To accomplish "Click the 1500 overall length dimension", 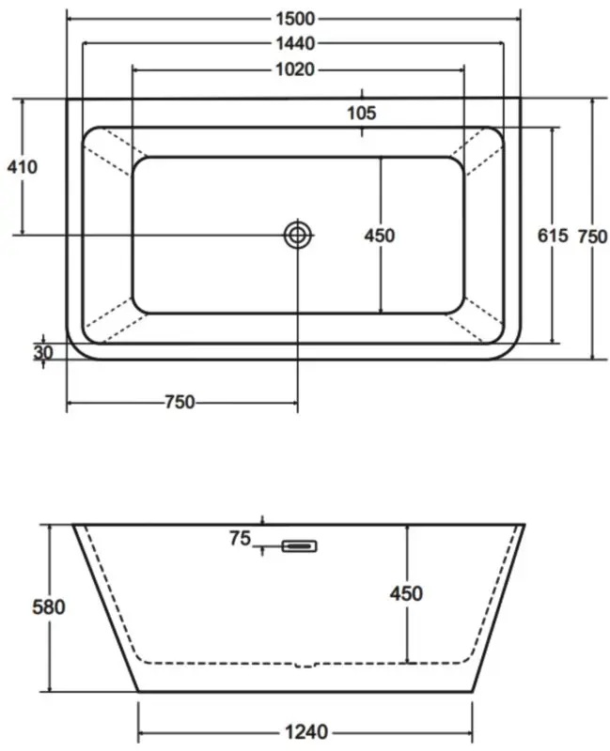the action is click(x=295, y=19).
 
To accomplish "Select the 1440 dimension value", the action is click(x=295, y=43).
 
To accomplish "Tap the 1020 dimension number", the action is click(x=295, y=69).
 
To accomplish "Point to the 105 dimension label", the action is click(x=362, y=114).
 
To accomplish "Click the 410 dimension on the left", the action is click(x=22, y=167).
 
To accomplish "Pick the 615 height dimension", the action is click(x=553, y=236).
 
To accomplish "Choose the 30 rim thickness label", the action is click(x=43, y=353).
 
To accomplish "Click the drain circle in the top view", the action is click(x=297, y=236).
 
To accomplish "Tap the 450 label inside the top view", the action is click(x=380, y=236).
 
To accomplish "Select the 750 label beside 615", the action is click(x=593, y=237).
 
